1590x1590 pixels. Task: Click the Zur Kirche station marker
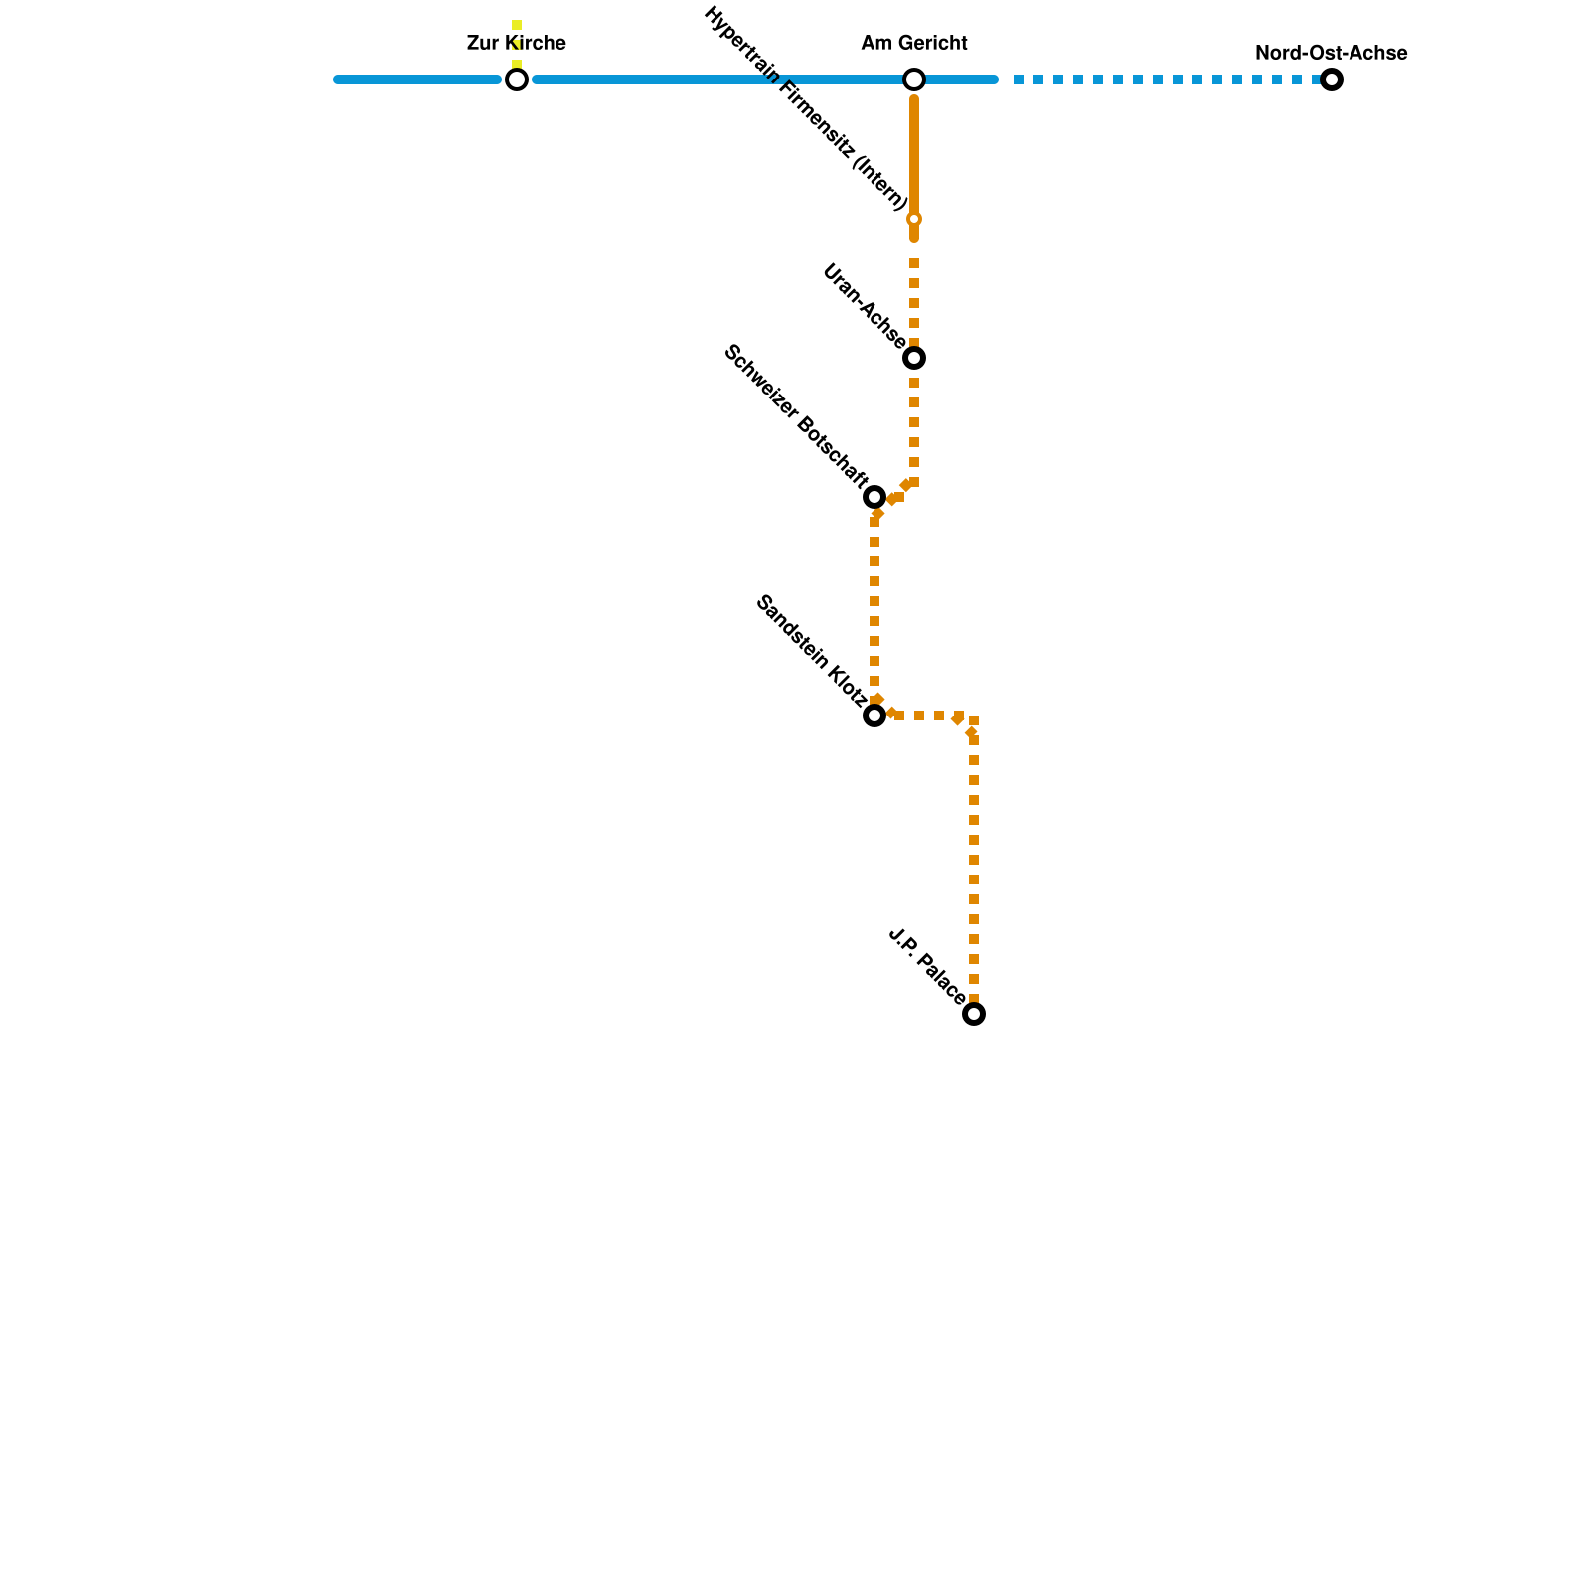[x=517, y=79]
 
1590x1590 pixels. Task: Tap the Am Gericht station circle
[x=914, y=79]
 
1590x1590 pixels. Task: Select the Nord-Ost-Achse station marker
[x=1332, y=79]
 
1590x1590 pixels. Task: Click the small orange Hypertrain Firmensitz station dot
[x=914, y=219]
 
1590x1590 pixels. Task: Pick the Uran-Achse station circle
[x=914, y=358]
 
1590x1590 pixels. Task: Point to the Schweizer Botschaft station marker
[x=874, y=497]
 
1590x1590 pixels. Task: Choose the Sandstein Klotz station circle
[x=874, y=715]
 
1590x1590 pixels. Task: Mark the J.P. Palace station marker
[x=974, y=1014]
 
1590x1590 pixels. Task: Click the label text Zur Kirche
[x=517, y=44]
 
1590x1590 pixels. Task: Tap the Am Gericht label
[x=914, y=44]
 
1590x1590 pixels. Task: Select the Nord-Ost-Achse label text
[x=1332, y=54]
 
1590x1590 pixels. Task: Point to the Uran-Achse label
[x=864, y=306]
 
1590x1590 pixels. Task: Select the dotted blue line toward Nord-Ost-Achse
[x=1163, y=79]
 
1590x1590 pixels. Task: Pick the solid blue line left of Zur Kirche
[x=417, y=79]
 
